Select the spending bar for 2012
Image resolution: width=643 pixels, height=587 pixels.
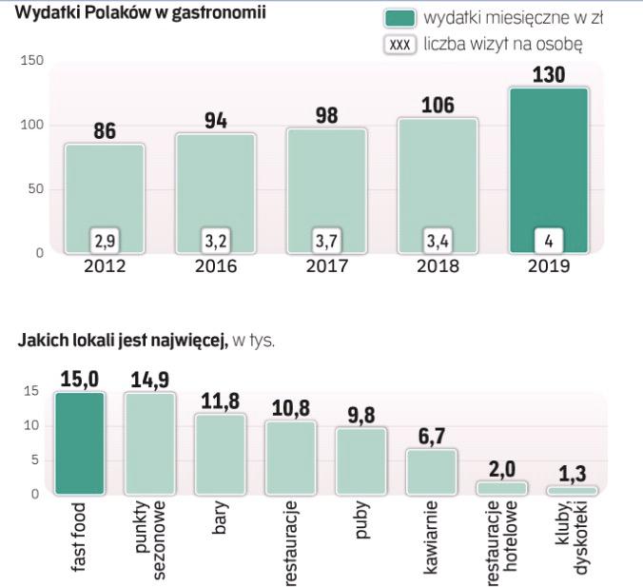point(104,186)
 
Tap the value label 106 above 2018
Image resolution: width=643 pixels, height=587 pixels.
point(437,104)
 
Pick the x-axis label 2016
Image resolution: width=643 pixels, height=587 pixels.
point(216,266)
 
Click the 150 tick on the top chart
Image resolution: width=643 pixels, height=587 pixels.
point(32,61)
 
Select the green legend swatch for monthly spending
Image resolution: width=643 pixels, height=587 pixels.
point(400,18)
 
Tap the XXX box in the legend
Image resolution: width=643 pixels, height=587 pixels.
point(400,45)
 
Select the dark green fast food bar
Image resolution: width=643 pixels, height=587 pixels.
point(79,443)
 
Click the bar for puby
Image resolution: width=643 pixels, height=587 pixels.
point(361,461)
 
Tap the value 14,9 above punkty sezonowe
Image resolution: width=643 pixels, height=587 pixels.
point(150,380)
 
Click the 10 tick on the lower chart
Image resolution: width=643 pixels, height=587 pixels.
point(30,426)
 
